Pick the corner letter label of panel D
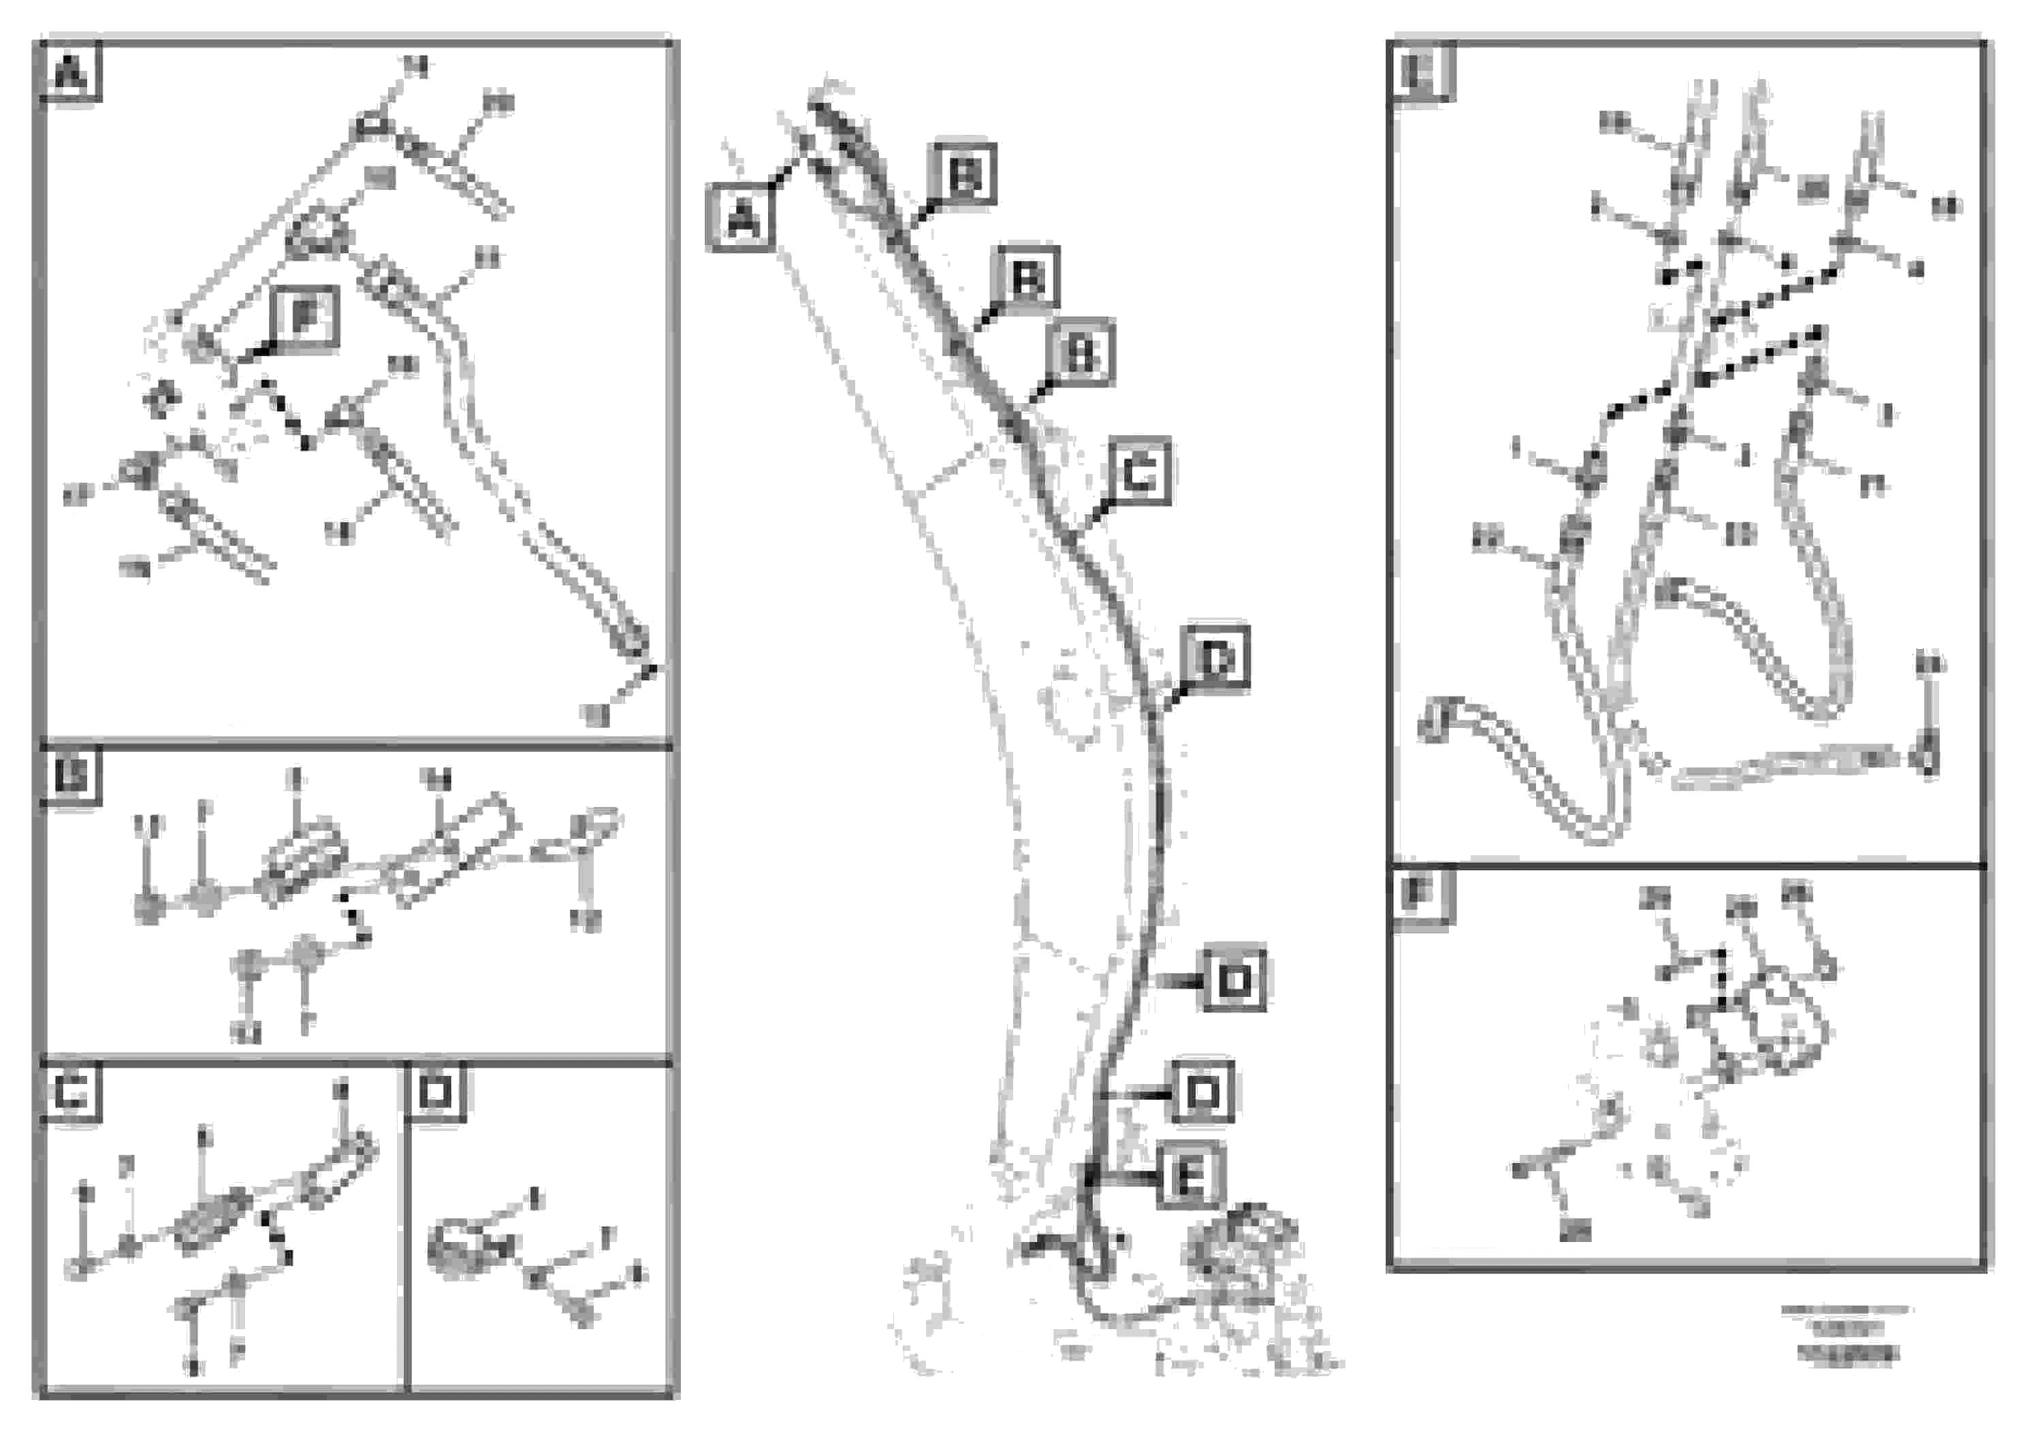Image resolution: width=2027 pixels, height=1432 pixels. click(435, 1093)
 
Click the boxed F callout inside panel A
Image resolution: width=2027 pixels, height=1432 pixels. click(304, 318)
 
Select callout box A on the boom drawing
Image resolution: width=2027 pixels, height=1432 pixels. click(741, 217)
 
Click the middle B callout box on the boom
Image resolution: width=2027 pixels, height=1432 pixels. click(1027, 278)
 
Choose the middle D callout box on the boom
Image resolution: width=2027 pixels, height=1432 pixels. click(1233, 979)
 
